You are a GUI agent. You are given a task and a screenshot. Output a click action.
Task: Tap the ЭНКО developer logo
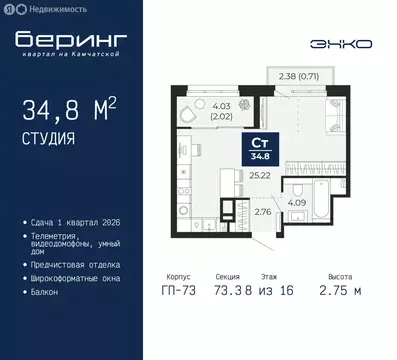(x=343, y=44)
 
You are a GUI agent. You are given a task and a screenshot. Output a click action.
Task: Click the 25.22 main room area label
(x=261, y=174)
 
